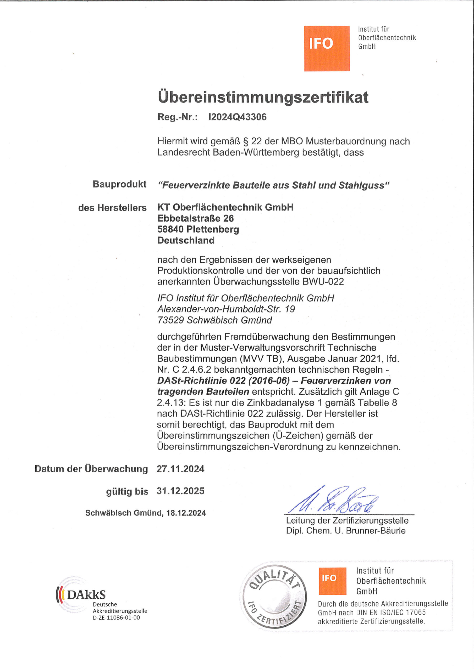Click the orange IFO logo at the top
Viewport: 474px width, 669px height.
point(327,48)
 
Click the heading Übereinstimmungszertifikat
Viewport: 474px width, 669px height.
point(263,97)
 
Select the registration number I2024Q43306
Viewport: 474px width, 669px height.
point(237,117)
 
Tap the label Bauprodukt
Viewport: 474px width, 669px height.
point(119,184)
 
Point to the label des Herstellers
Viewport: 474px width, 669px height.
point(112,208)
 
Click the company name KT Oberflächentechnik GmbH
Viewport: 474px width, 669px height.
point(225,207)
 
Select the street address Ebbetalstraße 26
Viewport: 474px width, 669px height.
point(196,218)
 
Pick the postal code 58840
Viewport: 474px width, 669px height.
point(170,229)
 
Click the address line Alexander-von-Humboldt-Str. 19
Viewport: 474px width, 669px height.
point(226,309)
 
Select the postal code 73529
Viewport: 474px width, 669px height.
point(170,320)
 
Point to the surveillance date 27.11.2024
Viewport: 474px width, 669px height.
point(180,469)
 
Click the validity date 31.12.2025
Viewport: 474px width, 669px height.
point(180,491)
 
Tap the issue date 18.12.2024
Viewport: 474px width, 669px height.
point(186,513)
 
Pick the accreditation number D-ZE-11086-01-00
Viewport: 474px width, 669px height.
point(116,617)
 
